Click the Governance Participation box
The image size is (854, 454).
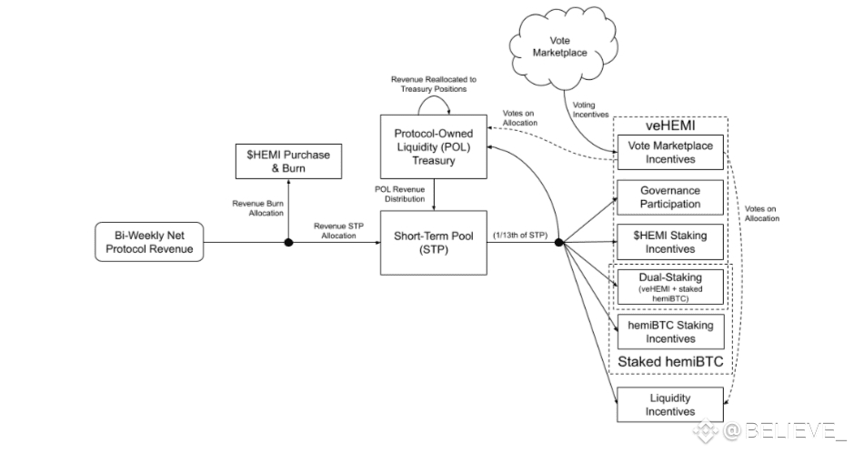point(670,197)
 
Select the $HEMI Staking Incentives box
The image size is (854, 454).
point(670,242)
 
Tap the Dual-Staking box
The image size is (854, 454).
point(670,286)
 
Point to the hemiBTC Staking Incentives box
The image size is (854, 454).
point(670,330)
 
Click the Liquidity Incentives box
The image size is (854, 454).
point(670,403)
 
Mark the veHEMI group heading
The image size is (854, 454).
point(670,127)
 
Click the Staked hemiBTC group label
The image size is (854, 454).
point(670,361)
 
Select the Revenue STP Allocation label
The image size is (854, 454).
point(337,230)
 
